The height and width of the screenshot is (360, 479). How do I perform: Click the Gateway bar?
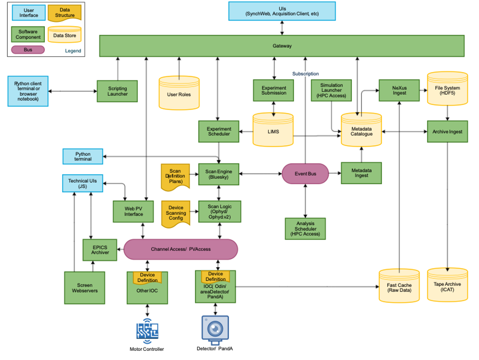tap(282, 46)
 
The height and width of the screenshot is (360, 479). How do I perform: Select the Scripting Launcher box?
tap(117, 91)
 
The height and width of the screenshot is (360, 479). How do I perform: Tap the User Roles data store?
tap(179, 94)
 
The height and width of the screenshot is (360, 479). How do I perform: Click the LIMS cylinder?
tap(273, 131)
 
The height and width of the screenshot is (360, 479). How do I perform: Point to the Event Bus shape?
tap(305, 174)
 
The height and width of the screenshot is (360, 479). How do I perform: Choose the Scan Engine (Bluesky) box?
tap(219, 174)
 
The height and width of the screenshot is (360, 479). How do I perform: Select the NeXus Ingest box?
tap(399, 90)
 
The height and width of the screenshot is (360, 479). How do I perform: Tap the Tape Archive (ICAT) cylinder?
tap(447, 286)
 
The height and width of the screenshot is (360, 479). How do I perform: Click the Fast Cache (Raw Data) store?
tap(399, 287)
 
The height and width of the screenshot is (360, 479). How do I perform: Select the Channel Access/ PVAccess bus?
tap(181, 249)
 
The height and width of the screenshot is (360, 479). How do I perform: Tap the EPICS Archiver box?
tap(100, 250)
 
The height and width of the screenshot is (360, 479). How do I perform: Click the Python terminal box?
tap(83, 157)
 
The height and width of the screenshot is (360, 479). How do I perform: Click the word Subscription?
tap(305, 74)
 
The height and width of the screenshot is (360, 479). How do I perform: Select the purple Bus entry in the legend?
tap(28, 49)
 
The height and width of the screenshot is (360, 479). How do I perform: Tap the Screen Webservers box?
tap(85, 288)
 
